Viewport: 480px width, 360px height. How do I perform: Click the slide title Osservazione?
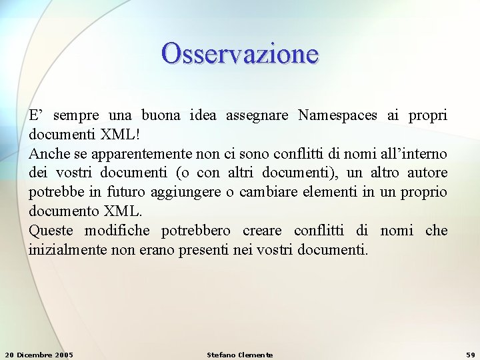240,53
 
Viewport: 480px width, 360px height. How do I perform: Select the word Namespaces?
339,115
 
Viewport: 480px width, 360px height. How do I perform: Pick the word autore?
427,173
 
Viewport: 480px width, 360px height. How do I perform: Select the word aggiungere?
188,193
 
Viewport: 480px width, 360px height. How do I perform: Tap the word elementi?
326,193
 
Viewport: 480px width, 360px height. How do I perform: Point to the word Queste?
51,231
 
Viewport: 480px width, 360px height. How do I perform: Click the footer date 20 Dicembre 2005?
39,355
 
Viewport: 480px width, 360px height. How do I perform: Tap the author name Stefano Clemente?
240,355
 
